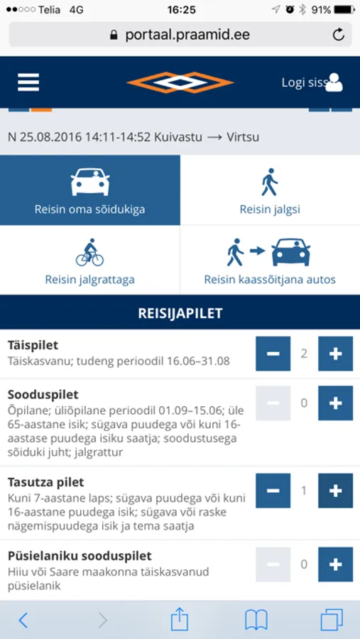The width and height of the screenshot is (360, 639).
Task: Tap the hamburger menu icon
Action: tap(28, 82)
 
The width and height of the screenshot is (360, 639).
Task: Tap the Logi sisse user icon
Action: tap(334, 83)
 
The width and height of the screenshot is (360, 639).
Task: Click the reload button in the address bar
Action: tap(338, 35)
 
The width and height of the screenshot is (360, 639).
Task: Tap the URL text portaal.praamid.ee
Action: tap(187, 35)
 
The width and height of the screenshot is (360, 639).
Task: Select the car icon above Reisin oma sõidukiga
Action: tap(90, 182)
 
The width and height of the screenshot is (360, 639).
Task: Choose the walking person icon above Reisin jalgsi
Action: tap(270, 182)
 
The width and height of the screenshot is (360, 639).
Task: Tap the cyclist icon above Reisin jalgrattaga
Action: tap(90, 252)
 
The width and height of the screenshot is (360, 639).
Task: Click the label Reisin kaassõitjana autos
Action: tap(270, 280)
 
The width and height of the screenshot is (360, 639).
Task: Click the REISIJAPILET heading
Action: tap(180, 312)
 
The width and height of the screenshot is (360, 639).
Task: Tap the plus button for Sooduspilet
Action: tap(335, 403)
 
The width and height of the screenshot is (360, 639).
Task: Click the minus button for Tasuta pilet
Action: tap(273, 491)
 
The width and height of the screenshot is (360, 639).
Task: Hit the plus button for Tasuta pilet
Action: tap(335, 491)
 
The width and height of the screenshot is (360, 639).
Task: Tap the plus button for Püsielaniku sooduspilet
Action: tap(335, 564)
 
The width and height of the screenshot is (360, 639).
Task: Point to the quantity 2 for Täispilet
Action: tap(304, 354)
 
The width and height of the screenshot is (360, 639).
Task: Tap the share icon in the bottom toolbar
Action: tap(180, 620)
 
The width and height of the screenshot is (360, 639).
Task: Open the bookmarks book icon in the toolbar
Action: tap(256, 620)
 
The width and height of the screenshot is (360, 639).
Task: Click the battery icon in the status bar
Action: tap(344, 10)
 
